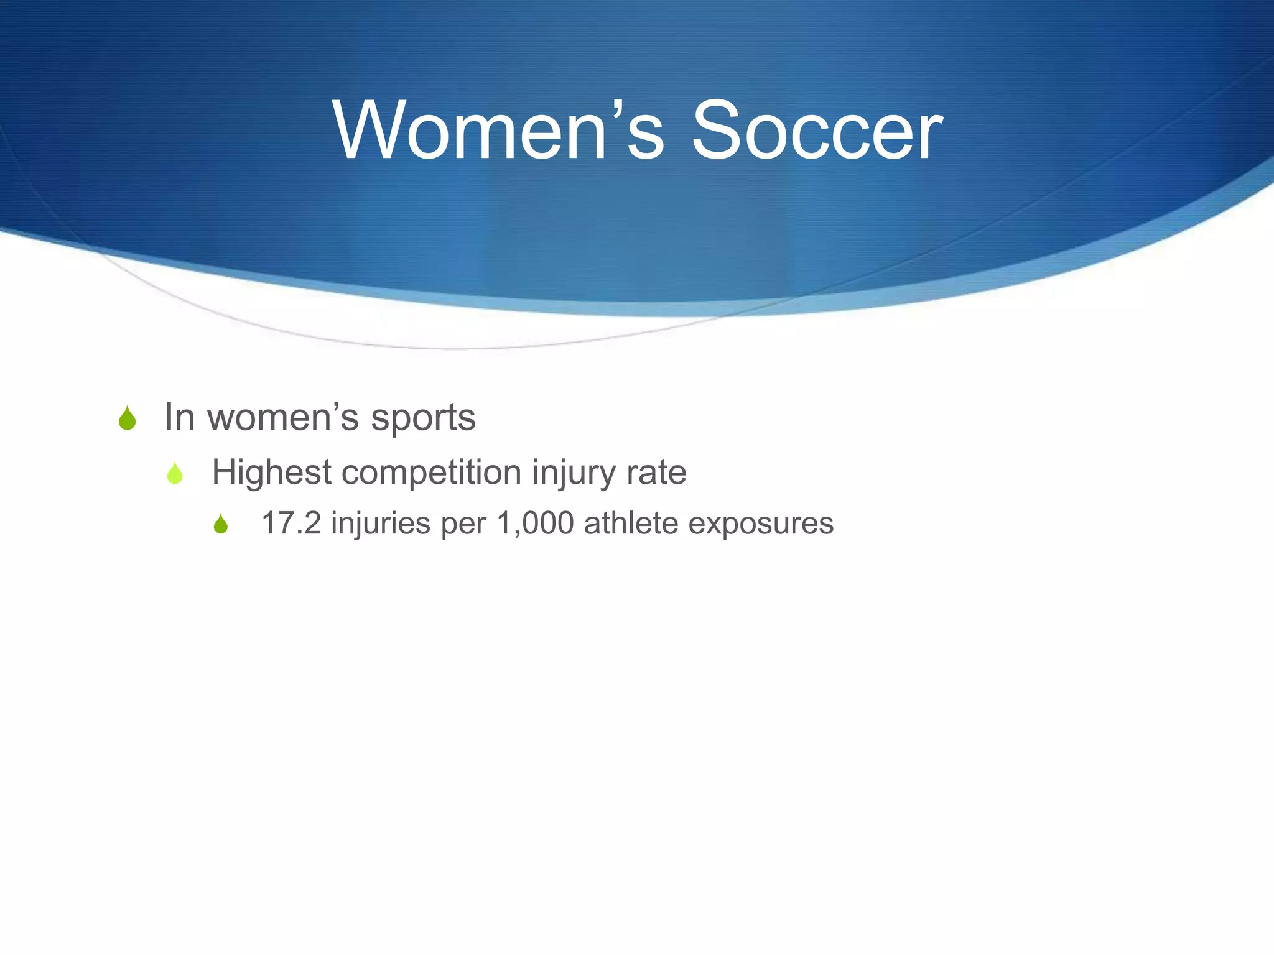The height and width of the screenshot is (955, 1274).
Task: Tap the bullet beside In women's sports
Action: pos(127,418)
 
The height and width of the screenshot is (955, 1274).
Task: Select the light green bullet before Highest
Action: pos(175,474)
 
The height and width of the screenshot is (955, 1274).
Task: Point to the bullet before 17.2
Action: pos(221,524)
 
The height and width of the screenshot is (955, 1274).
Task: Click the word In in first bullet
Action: pos(179,417)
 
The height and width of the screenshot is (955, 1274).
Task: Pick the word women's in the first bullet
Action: pos(283,417)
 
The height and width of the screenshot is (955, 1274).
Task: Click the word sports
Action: pos(423,418)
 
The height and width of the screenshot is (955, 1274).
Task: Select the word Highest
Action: pos(271,473)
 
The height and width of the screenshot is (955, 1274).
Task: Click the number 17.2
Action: pos(291,523)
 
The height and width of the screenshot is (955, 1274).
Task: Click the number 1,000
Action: pos(535,524)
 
